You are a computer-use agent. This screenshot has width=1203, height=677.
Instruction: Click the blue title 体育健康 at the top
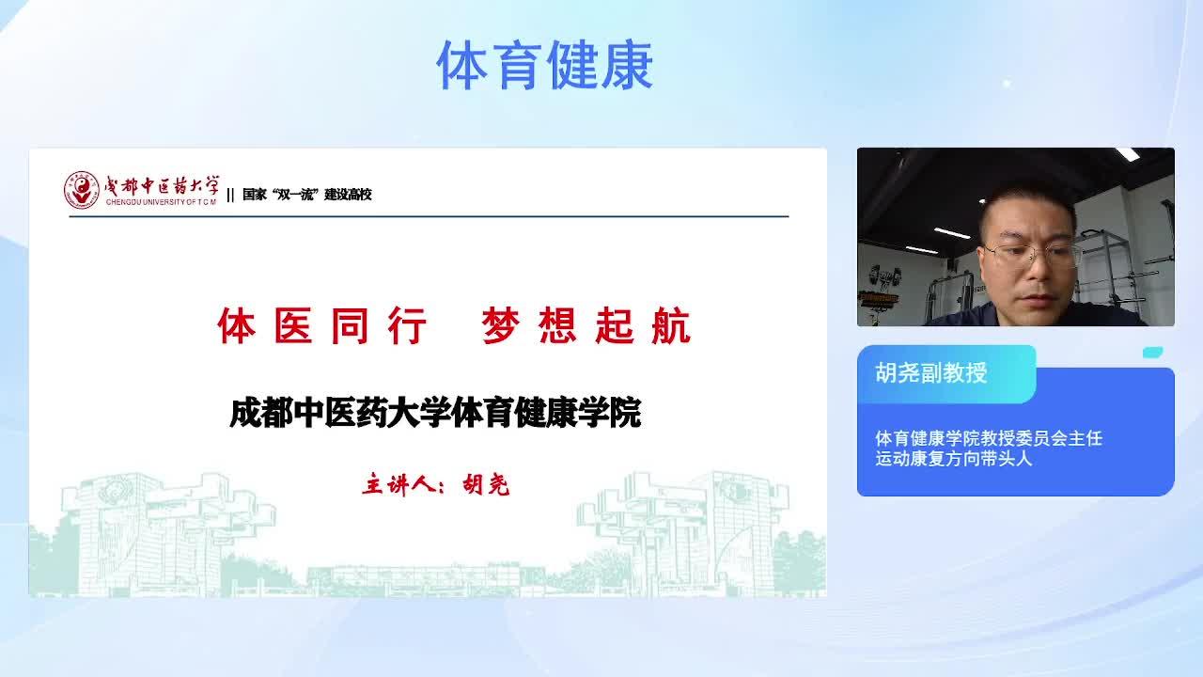click(544, 65)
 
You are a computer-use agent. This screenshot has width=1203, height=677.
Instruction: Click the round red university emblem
click(82, 190)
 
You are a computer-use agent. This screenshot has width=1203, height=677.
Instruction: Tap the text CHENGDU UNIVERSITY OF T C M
click(161, 202)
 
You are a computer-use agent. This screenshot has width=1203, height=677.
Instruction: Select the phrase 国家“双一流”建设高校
click(306, 194)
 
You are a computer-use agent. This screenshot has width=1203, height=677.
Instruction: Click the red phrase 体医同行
click(321, 325)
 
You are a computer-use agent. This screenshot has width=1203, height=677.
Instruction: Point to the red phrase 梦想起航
click(586, 325)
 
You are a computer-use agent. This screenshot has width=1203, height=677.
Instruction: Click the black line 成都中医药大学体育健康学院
click(435, 413)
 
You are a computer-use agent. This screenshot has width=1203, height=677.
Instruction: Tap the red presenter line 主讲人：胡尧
click(435, 484)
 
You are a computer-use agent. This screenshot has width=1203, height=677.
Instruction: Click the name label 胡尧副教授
click(931, 373)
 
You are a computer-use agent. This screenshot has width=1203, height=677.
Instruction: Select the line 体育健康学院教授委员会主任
click(989, 438)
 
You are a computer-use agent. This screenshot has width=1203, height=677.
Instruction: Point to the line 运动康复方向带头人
click(954, 458)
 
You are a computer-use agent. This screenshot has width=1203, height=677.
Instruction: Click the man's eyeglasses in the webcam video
click(1030, 255)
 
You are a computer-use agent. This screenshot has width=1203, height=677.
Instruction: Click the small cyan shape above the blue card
click(1152, 353)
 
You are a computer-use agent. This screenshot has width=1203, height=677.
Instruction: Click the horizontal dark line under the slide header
click(430, 216)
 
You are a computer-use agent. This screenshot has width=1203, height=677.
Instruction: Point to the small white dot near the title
click(1007, 84)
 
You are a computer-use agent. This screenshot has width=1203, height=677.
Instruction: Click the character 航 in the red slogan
click(671, 325)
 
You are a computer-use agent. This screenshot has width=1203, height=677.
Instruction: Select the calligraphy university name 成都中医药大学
click(162, 185)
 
